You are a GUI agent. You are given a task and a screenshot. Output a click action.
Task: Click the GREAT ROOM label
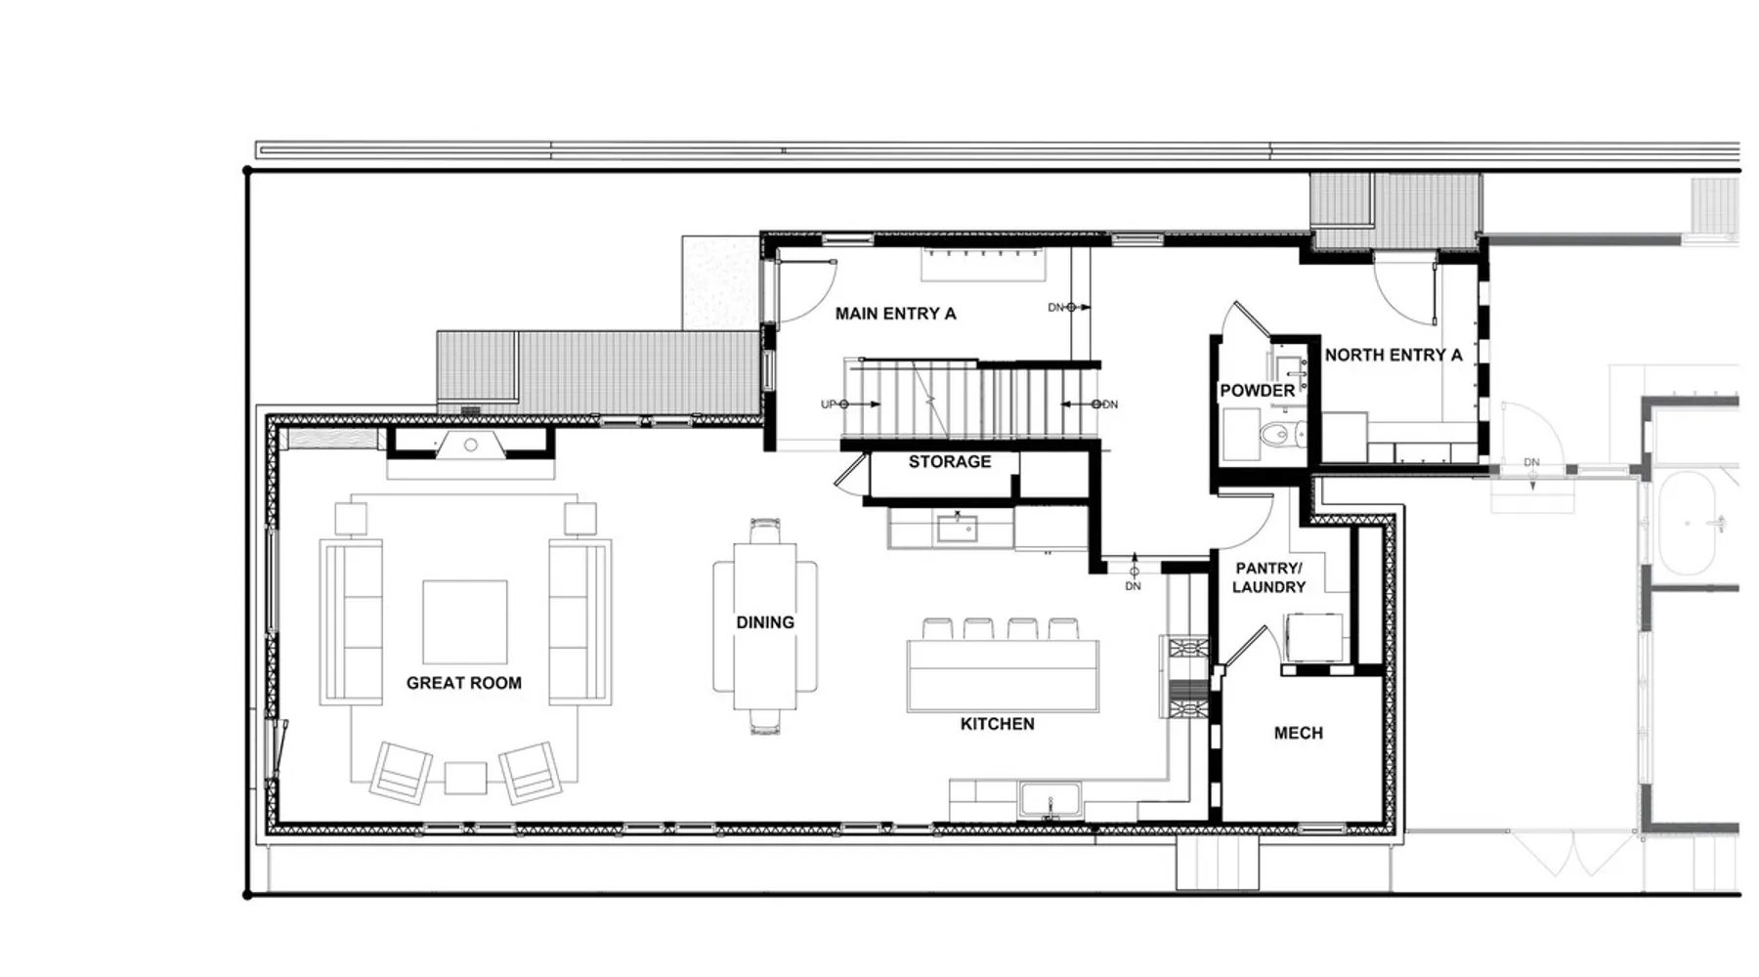[464, 683]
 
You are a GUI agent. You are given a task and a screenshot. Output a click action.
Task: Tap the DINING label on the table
[765, 622]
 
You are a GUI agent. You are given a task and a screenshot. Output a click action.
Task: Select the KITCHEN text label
[997, 724]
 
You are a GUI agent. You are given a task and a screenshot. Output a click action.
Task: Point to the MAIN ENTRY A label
[895, 314]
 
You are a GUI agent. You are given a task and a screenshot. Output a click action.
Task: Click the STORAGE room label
[950, 461]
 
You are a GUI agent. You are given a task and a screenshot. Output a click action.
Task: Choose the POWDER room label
[1257, 390]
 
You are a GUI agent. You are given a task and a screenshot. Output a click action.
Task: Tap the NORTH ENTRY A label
[1394, 355]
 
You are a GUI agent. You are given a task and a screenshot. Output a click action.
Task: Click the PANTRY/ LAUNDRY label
[1268, 577]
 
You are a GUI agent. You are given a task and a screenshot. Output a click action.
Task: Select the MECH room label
[1299, 733]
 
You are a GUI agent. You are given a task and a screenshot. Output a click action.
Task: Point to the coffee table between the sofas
[465, 622]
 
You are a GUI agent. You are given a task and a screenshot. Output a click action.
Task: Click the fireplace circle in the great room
[470, 446]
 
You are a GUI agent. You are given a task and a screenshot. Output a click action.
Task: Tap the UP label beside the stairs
[828, 404]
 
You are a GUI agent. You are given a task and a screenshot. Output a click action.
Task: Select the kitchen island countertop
[1003, 675]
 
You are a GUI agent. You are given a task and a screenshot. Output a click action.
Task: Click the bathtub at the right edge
[1689, 525]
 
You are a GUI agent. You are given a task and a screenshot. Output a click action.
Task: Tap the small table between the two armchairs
[465, 779]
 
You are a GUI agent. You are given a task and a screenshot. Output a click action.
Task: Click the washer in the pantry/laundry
[1313, 638]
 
